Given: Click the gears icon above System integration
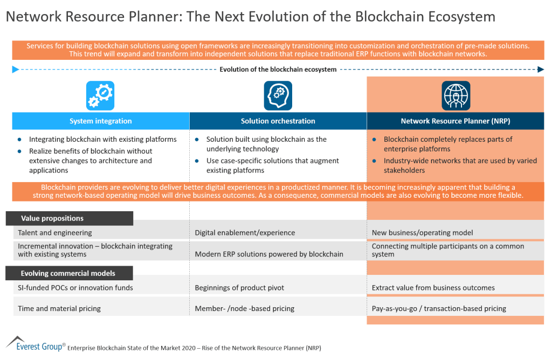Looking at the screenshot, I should pyautogui.click(x=100, y=96).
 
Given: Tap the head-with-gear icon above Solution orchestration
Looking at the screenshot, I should pyautogui.click(x=278, y=96).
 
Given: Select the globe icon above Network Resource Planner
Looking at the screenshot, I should pyautogui.click(x=456, y=96).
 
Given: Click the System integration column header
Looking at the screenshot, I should pyautogui.click(x=101, y=121).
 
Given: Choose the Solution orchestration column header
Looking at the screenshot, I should pyautogui.click(x=278, y=121).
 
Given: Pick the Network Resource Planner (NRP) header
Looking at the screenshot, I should pyautogui.click(x=456, y=121).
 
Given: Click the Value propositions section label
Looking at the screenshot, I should pyautogui.click(x=52, y=218).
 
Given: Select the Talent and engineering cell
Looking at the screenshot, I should pyautogui.click(x=55, y=233).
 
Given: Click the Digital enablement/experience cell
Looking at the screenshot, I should pyautogui.click(x=245, y=233).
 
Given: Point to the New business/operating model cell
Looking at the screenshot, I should pyautogui.click(x=422, y=233).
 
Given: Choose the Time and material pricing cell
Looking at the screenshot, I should pyautogui.click(x=59, y=309).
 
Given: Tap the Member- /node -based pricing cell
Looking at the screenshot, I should pyautogui.click(x=245, y=309).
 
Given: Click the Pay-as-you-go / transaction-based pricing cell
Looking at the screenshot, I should pyautogui.click(x=439, y=309).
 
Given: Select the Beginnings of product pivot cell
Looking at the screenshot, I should pyautogui.click(x=239, y=288).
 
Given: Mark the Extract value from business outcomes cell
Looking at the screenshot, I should pyautogui.click(x=433, y=288).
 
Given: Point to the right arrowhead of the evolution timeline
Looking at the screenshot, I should pyautogui.click(x=541, y=69).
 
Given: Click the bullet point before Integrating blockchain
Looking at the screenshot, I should pyautogui.click(x=20, y=140).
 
